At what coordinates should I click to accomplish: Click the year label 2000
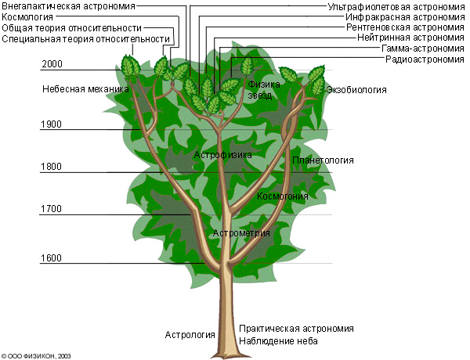pos(52,64)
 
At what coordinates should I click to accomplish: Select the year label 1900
pos(51,124)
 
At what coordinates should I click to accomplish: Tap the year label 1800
pos(51,167)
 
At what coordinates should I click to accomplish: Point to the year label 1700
pos(51,208)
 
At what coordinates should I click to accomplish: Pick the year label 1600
pos(51,258)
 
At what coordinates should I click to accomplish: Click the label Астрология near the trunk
pos(190,335)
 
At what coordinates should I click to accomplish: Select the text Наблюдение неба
pos(278,341)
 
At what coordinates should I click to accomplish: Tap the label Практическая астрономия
pos(296,329)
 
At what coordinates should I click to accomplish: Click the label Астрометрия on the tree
pos(241,233)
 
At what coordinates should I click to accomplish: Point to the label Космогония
pos(283,196)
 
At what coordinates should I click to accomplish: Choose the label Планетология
pos(323,160)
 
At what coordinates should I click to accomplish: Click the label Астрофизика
pos(223,155)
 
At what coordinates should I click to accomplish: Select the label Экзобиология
pos(356,90)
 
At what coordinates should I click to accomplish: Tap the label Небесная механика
pos(85,89)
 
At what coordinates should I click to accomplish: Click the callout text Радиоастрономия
pos(425,59)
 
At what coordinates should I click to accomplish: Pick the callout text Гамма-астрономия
pos(423,49)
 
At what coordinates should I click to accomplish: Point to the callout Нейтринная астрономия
pos(410,38)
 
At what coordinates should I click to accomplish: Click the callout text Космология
pos(27,17)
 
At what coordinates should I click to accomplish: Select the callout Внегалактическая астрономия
pos(69,6)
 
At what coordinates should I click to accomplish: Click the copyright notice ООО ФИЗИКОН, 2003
pos(36,356)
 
